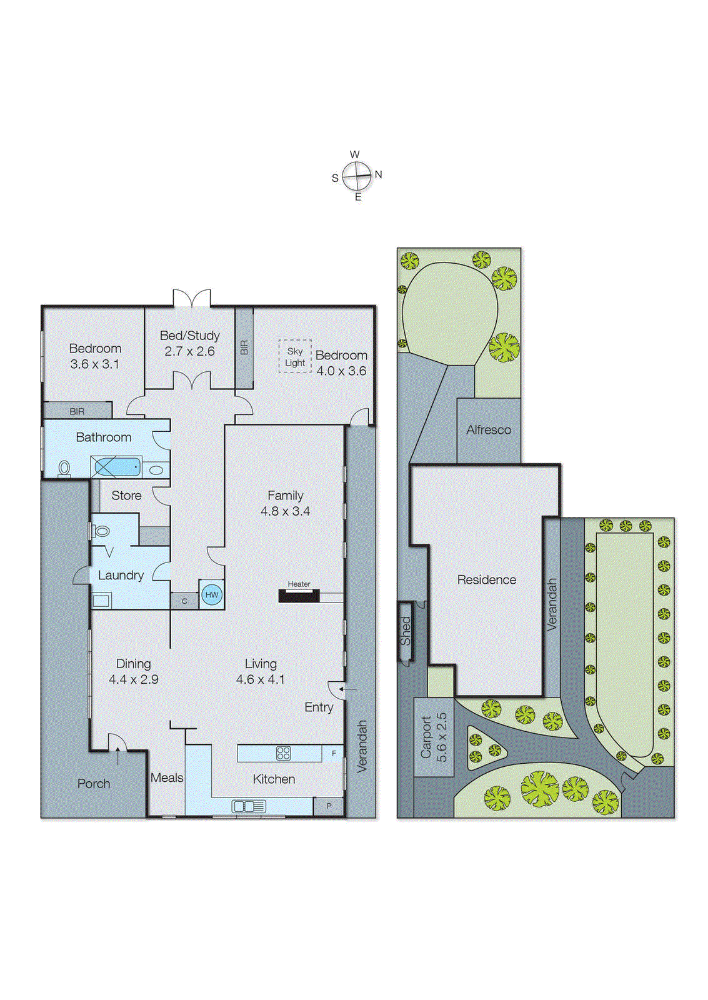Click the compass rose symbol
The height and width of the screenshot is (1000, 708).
point(357,176)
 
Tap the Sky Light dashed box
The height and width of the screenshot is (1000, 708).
point(295,356)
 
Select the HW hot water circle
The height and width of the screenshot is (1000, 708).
point(212,594)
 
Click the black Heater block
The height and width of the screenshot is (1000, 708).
point(299,596)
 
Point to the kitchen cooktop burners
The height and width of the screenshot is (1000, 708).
point(283,753)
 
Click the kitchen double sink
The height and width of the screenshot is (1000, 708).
point(249,806)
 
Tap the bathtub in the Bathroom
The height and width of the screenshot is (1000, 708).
point(116,466)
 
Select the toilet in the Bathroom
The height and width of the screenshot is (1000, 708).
point(64,468)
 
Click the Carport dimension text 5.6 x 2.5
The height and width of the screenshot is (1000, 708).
point(442,737)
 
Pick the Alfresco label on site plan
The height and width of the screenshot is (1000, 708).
point(489,430)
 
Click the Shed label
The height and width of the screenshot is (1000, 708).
point(406,631)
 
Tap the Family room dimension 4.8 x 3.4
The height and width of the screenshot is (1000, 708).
point(286,511)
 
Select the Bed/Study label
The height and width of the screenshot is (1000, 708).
point(190,336)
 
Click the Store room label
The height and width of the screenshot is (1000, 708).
point(126,496)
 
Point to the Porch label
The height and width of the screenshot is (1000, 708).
point(94,784)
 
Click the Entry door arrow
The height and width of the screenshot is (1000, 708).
point(349,689)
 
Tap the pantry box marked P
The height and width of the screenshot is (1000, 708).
point(329,806)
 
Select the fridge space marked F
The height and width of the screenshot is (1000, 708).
point(334,753)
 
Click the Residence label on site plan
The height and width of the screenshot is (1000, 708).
point(487,580)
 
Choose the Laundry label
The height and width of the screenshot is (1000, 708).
point(121,576)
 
